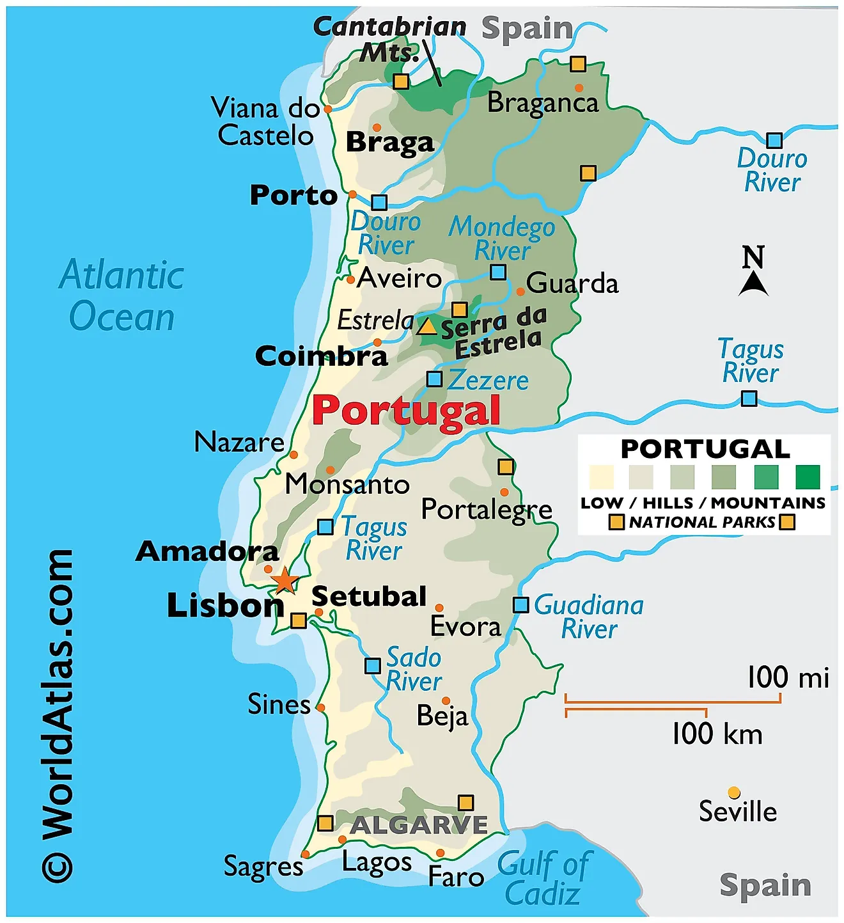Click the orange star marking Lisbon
pyautogui.click(x=285, y=581)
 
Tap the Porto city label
pyautogui.click(x=293, y=195)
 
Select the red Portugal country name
pyautogui.click(x=406, y=411)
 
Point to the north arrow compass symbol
pyautogui.click(x=753, y=271)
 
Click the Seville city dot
pyautogui.click(x=734, y=793)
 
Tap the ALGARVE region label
pyautogui.click(x=419, y=825)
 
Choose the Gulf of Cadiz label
pyautogui.click(x=543, y=878)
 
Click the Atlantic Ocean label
pyautogui.click(x=121, y=296)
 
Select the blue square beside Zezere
pyautogui.click(x=434, y=379)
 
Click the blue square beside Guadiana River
pyautogui.click(x=521, y=604)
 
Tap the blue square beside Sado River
pyautogui.click(x=373, y=666)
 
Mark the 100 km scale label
pyautogui.click(x=717, y=734)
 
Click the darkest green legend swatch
pyautogui.click(x=808, y=477)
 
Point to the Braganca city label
pyautogui.click(x=543, y=103)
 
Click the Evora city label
pyautogui.click(x=465, y=626)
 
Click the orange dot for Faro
pyautogui.click(x=440, y=853)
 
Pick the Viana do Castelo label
pyautogui.click(x=265, y=122)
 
